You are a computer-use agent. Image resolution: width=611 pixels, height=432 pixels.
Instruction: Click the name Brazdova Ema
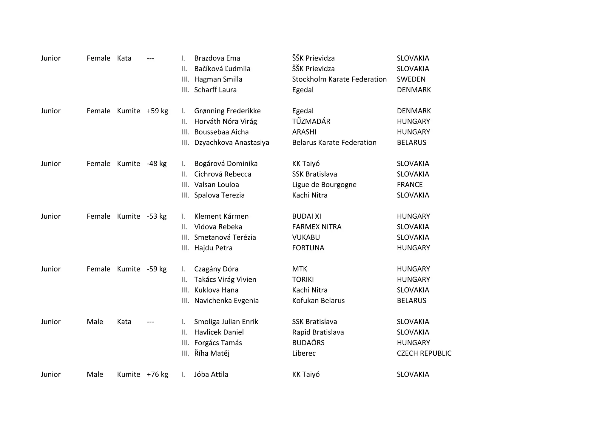coord(217,58)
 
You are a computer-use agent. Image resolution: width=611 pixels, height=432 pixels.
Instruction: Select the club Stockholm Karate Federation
coord(339,79)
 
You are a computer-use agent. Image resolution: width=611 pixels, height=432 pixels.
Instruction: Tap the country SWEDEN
coord(411,79)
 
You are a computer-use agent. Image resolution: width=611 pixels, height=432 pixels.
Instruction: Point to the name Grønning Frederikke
coord(227,111)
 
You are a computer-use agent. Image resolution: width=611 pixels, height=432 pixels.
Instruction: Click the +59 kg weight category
coord(157,111)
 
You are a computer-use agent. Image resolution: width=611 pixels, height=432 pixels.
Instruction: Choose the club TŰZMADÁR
coord(311,121)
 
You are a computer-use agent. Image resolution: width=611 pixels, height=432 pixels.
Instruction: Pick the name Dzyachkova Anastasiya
coord(232,143)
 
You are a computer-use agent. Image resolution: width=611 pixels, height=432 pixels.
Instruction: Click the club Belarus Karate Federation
coord(334,143)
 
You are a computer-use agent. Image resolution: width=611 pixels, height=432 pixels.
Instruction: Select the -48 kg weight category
coord(156,164)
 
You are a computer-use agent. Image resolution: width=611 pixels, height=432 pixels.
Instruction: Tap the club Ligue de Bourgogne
coord(324,185)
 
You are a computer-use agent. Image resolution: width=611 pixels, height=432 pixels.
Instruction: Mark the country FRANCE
coord(410,185)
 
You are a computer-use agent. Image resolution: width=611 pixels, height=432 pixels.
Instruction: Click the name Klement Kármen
coord(221,216)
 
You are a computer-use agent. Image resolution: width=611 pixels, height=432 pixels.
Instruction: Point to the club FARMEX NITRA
coord(317,227)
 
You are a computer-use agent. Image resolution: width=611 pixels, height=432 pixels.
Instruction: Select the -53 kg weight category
coord(156,216)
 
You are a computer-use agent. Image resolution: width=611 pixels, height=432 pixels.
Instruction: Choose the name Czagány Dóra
coord(216,269)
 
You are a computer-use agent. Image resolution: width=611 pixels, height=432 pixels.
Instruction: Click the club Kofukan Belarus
coord(318,301)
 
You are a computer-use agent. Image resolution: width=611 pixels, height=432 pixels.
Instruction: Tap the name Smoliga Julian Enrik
coord(226,322)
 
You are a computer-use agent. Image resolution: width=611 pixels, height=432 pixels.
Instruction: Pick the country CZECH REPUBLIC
coord(424,354)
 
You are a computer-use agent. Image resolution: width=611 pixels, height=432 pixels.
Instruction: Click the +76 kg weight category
coord(157,374)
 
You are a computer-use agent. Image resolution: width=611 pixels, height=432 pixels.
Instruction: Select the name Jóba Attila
coord(211,374)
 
